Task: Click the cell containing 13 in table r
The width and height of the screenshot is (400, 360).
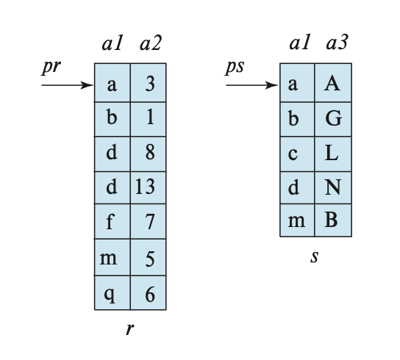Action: click(149, 187)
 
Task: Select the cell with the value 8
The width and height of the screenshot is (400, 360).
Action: click(149, 154)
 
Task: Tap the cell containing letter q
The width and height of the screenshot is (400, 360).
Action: click(113, 292)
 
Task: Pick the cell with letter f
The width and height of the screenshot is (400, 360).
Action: click(113, 221)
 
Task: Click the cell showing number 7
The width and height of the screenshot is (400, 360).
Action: click(149, 221)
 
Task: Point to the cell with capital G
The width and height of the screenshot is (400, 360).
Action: click(333, 119)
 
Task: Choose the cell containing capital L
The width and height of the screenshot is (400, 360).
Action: click(333, 154)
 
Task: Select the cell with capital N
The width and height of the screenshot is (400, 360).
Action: click(333, 187)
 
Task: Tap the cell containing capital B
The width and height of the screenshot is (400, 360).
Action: click(333, 220)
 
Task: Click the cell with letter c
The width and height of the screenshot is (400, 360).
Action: click(298, 154)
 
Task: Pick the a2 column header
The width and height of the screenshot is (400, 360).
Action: click(151, 43)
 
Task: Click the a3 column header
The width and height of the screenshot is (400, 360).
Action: click(337, 43)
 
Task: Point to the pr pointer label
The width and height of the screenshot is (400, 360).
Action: click(51, 68)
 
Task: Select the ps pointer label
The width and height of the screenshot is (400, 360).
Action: click(235, 68)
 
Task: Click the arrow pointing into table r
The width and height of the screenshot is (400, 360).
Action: click(68, 85)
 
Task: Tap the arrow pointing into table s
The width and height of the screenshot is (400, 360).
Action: click(252, 85)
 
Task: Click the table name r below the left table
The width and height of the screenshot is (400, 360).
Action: click(130, 329)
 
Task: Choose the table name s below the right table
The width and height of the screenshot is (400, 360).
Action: click(315, 256)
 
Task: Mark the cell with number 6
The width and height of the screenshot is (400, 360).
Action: click(149, 292)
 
